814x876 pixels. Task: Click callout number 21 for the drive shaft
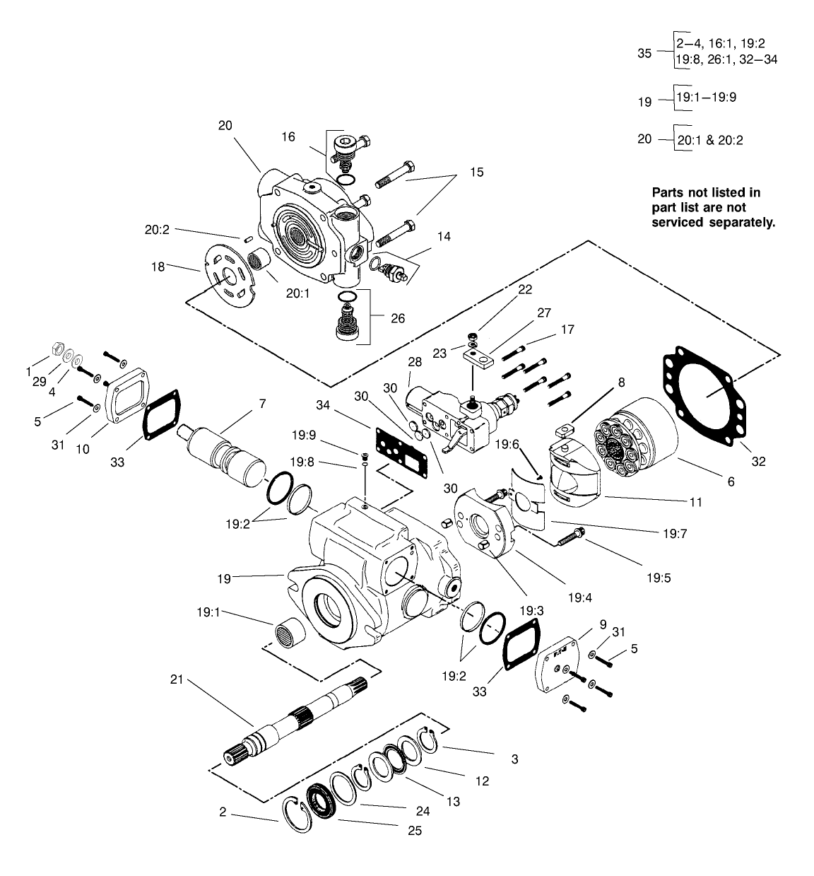click(177, 679)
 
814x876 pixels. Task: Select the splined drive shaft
click(297, 721)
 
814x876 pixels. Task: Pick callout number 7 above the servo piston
click(262, 404)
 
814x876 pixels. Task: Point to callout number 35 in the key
click(644, 52)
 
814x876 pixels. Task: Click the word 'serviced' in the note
click(678, 222)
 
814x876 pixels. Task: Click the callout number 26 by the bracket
click(398, 318)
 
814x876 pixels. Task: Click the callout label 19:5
click(657, 577)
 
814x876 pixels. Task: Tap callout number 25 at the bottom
click(415, 831)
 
